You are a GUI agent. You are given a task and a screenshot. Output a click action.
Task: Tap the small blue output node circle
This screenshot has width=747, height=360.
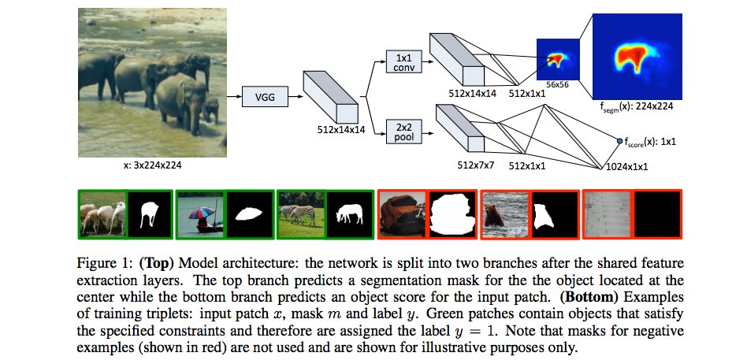coord(619,141)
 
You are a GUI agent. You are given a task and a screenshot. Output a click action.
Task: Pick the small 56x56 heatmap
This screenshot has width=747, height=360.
coord(558,58)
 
